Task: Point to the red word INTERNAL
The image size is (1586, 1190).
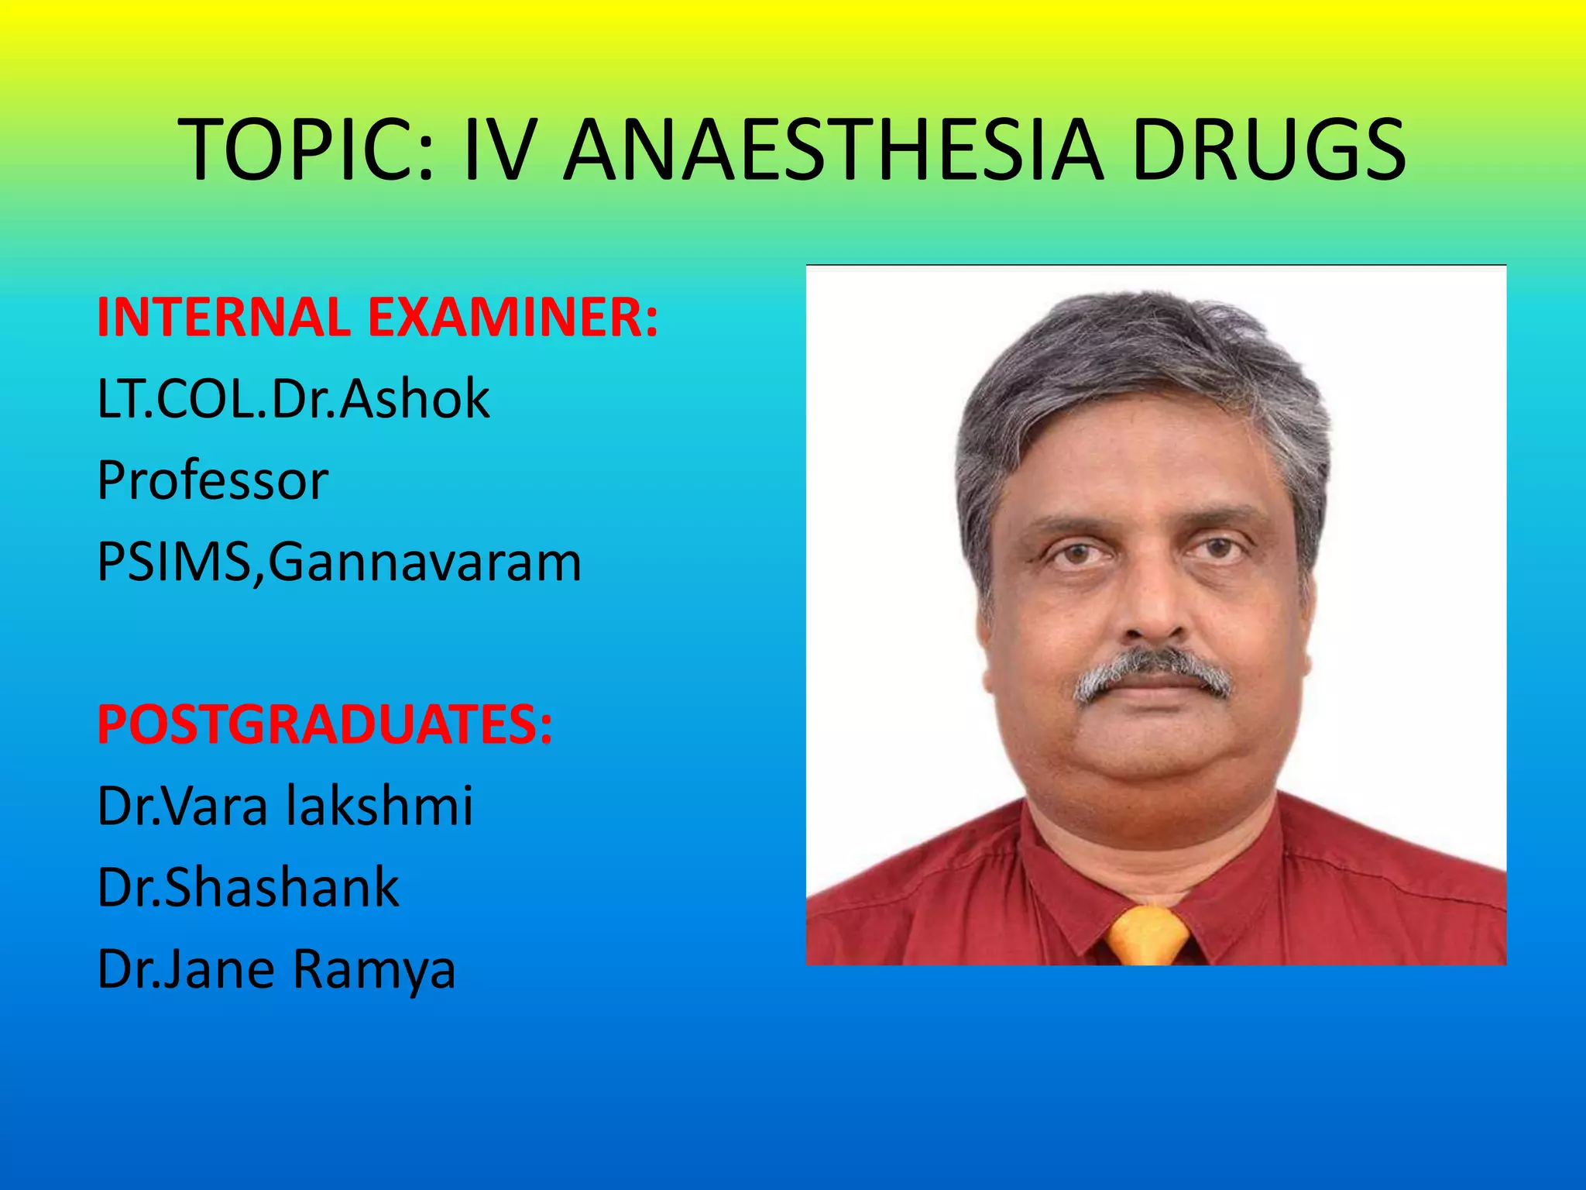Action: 225,317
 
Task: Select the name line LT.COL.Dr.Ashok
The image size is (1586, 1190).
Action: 294,400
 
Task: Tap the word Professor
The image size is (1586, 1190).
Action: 213,481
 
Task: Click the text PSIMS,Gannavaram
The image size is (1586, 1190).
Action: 339,562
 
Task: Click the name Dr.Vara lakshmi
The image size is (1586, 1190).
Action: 285,807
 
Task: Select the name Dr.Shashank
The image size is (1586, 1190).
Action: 248,888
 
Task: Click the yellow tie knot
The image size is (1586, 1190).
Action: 1148,934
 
